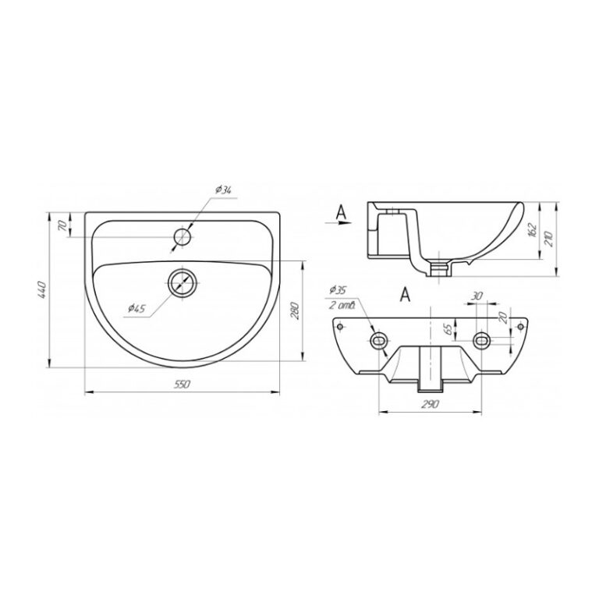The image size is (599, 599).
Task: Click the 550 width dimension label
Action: (x=182, y=385)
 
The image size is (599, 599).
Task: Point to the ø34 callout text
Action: (x=224, y=190)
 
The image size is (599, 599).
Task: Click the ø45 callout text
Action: (x=136, y=308)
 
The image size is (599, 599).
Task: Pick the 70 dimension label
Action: (x=62, y=225)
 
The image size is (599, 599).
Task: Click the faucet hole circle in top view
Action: (x=183, y=237)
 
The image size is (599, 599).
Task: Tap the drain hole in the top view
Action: (x=183, y=283)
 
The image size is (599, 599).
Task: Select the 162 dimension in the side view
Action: (x=533, y=230)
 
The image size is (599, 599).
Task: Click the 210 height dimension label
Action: (x=550, y=239)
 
